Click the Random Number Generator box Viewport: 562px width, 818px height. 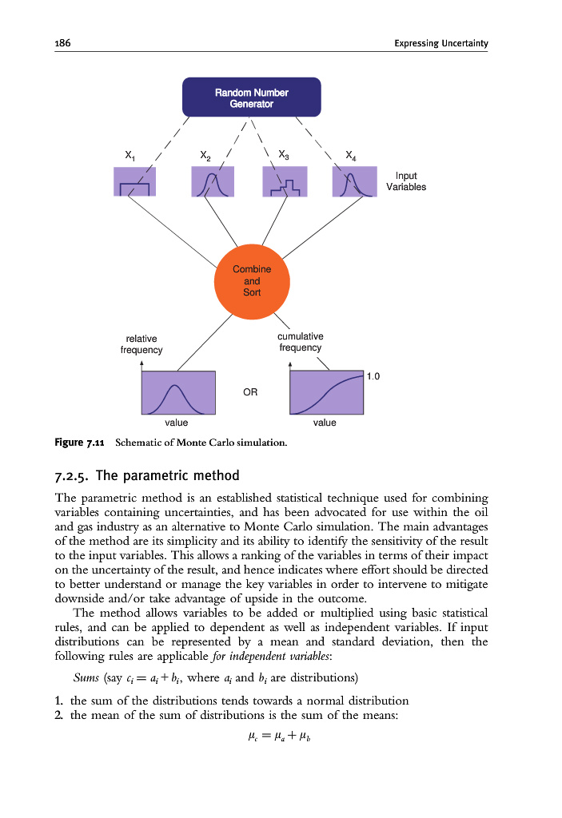(252, 97)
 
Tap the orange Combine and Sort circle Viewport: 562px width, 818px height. (252, 280)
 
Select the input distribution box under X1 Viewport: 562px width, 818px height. (134, 181)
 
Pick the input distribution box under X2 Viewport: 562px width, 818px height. (212, 181)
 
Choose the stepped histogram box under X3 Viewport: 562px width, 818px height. (285, 181)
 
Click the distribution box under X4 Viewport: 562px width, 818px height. (353, 181)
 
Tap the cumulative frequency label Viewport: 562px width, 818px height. (300, 342)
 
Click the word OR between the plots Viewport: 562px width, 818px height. (249, 392)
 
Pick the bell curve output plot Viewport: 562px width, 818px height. (178, 393)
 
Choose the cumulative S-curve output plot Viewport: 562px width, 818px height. (326, 393)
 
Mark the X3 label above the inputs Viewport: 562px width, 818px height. (284, 153)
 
